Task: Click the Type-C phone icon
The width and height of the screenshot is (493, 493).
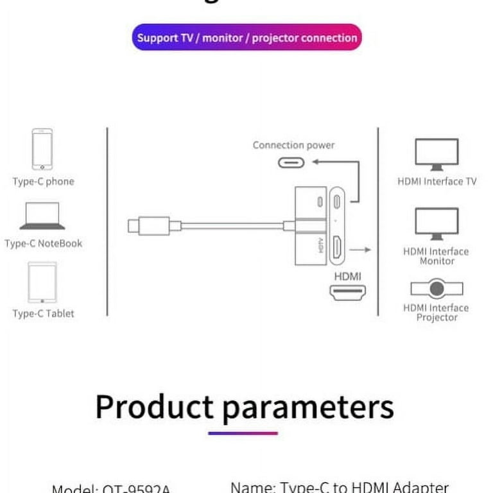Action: pos(42,149)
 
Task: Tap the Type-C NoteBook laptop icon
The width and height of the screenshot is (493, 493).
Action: pos(42,216)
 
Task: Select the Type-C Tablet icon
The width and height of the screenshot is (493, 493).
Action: pos(42,282)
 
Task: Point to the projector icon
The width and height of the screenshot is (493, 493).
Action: pos(437,289)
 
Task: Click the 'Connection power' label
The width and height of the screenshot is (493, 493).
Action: pos(293,146)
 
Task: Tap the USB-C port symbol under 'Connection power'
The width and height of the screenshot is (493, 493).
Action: pos(291,162)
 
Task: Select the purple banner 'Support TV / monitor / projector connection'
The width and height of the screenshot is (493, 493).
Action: pos(247,38)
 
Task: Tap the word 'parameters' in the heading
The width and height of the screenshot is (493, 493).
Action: pos(307,406)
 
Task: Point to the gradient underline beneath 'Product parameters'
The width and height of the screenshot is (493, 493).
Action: pos(243,433)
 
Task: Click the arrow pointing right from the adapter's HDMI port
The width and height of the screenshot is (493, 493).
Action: pos(364,250)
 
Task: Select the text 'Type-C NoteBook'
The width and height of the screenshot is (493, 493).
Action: pos(44,244)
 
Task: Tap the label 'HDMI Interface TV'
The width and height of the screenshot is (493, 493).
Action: pos(437,182)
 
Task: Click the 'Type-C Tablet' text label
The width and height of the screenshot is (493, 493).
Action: pos(44,314)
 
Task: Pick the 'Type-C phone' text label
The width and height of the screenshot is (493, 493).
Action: pos(44,182)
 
